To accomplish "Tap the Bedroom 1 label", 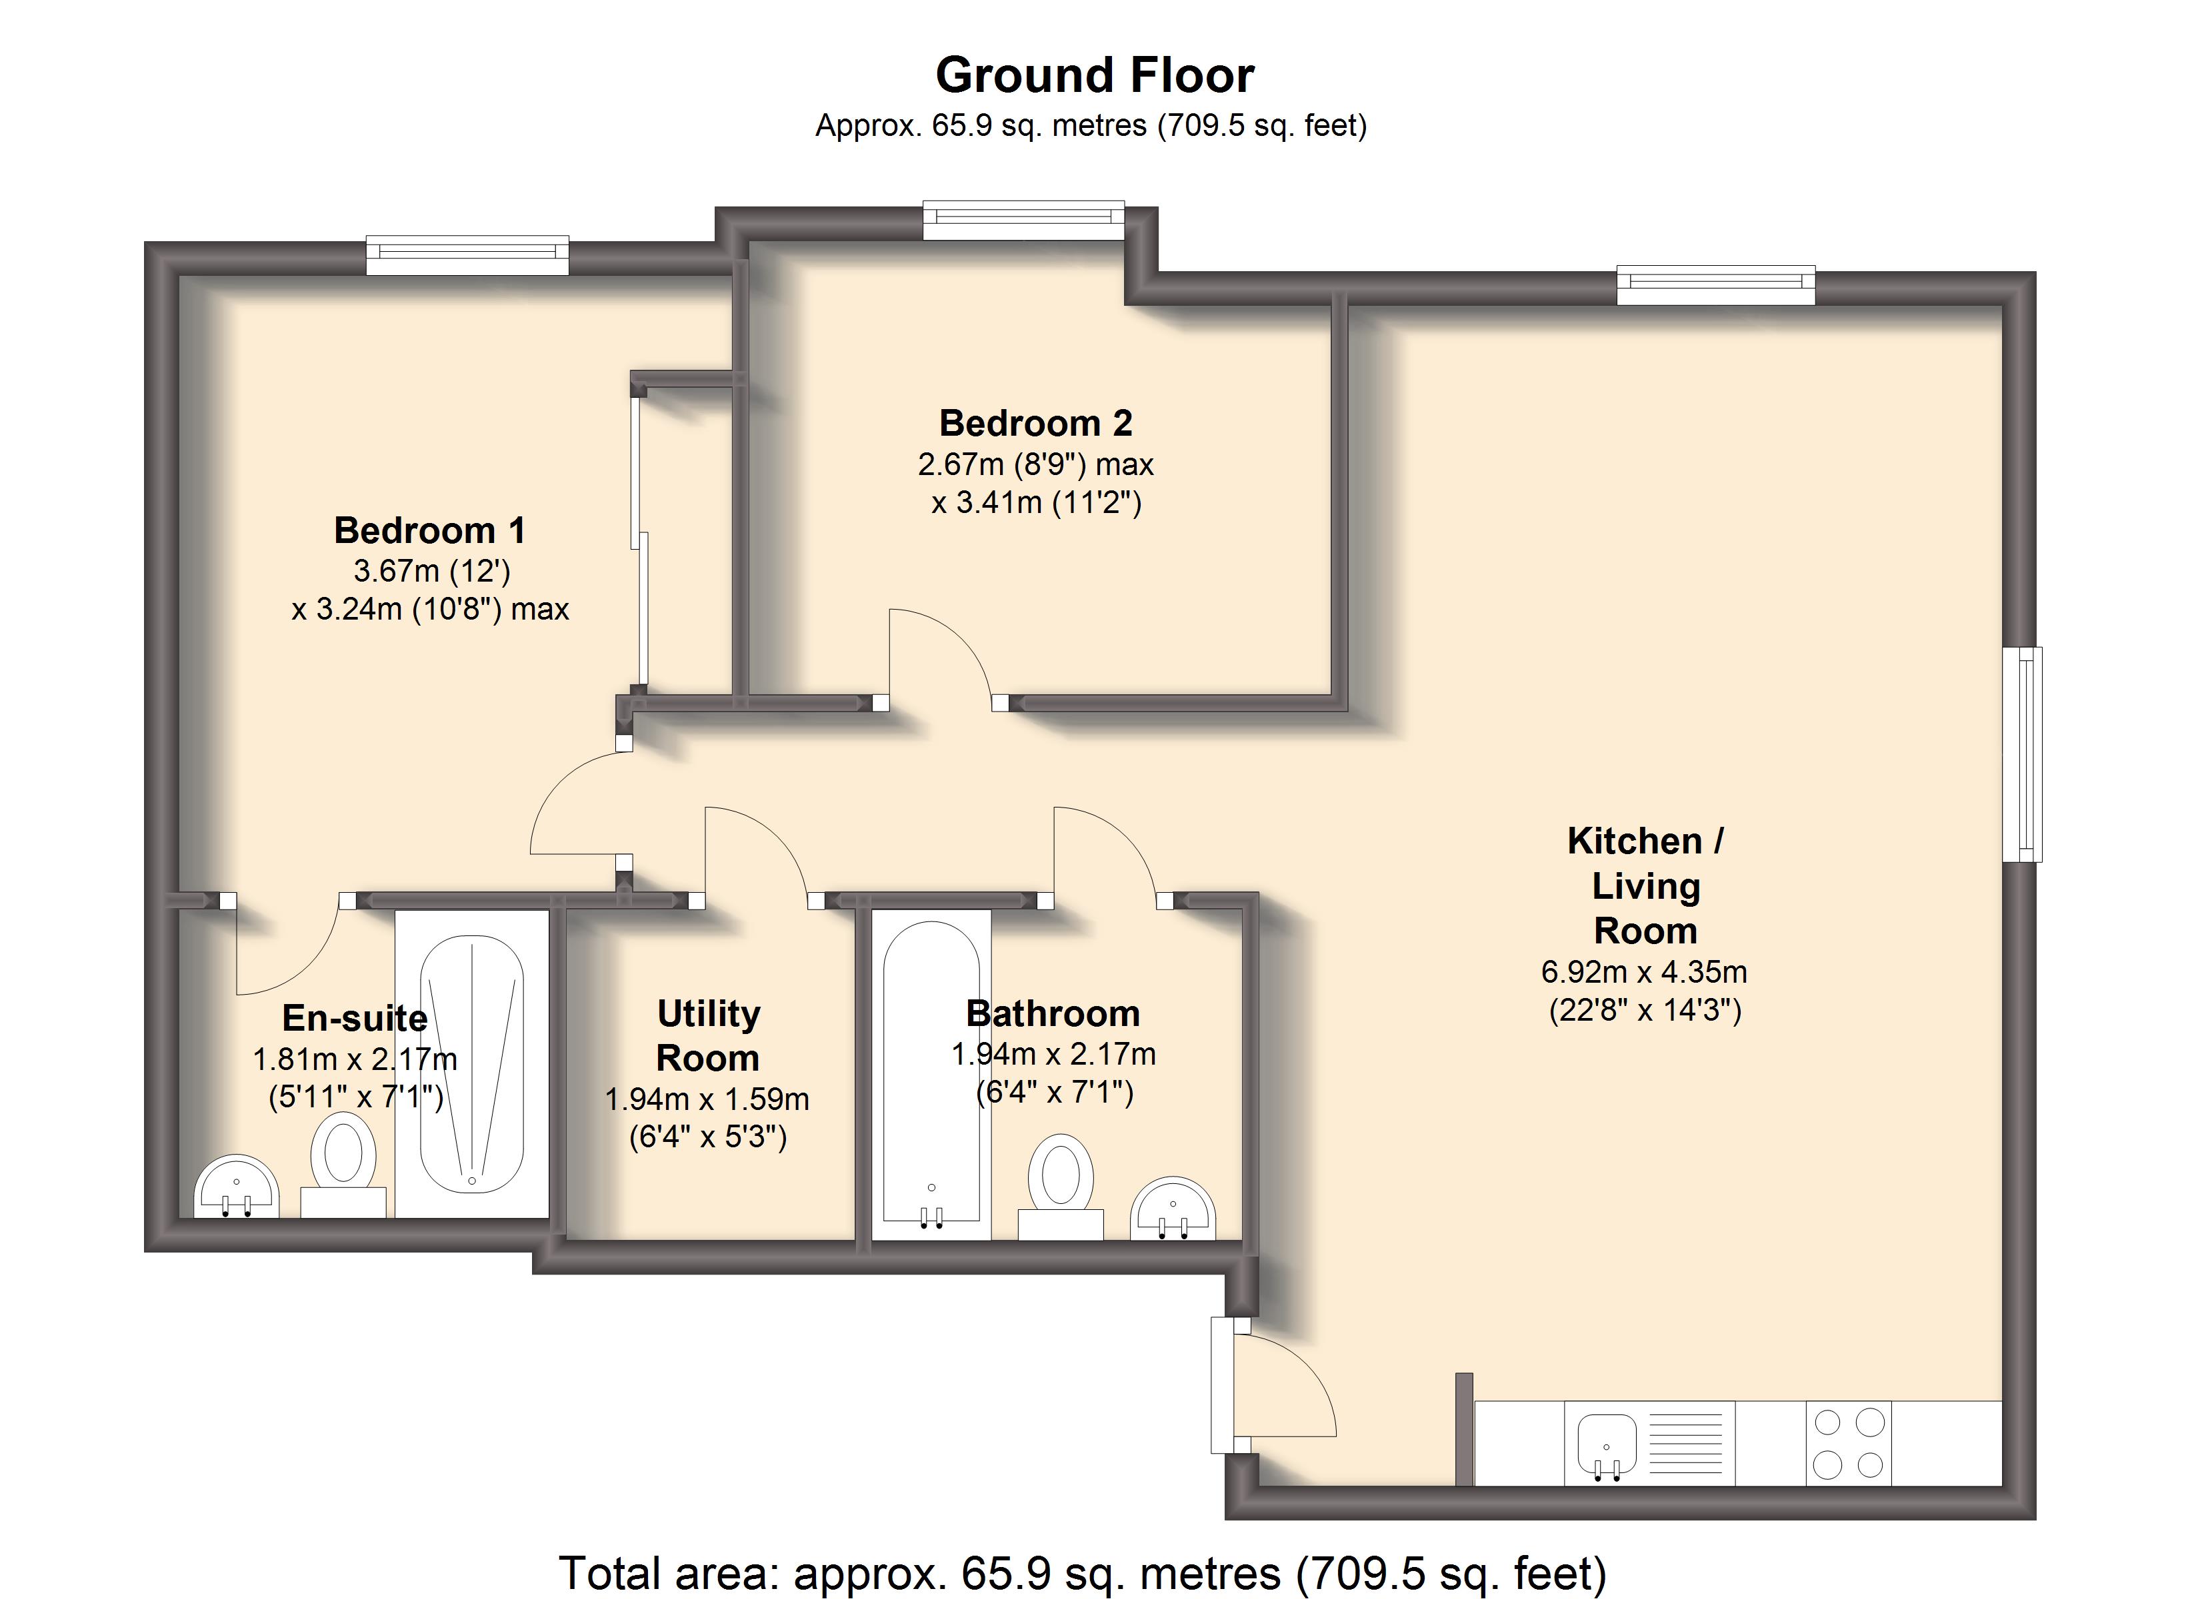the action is pos(430,530).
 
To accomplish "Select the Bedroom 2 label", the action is pos(1036,423).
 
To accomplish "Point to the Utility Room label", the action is pos(708,1035).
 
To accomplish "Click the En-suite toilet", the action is pos(343,1164).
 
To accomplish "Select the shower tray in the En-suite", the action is pos(471,1064).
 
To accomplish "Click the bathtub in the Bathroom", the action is pos(931,1075).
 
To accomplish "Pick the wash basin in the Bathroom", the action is pos(1173,1208).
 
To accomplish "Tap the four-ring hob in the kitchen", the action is pos(1849,1443).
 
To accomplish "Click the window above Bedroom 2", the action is pos(1023,220).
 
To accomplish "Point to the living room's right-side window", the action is pos(2023,754).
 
